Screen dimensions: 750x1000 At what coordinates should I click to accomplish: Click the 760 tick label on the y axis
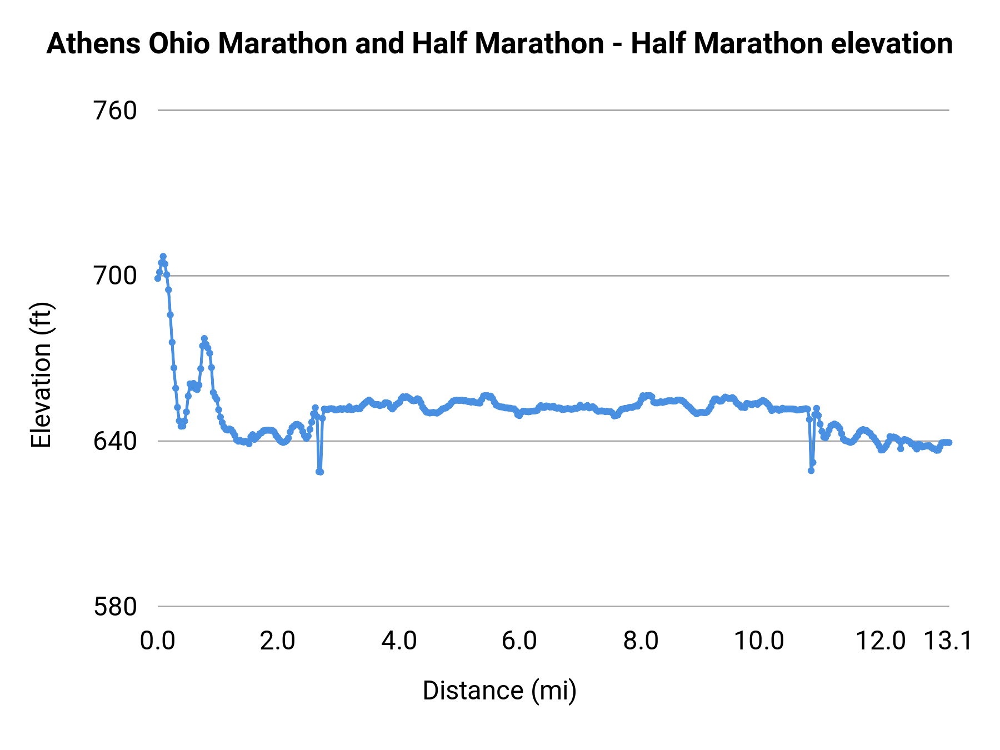pyautogui.click(x=115, y=111)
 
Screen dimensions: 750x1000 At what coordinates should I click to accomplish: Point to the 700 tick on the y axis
pyautogui.click(x=115, y=276)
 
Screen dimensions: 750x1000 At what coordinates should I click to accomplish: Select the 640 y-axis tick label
pyautogui.click(x=115, y=442)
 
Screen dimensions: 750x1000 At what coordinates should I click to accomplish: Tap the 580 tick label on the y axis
pyautogui.click(x=115, y=607)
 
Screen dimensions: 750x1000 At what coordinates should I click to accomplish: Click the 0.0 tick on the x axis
pyautogui.click(x=157, y=641)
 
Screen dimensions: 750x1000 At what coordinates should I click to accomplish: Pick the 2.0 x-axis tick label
pyautogui.click(x=278, y=641)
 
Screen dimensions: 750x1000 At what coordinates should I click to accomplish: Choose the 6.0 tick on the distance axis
pyautogui.click(x=519, y=641)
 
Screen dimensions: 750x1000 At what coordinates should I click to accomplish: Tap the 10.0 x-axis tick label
pyautogui.click(x=759, y=641)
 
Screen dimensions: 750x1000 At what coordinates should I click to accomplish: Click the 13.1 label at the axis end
pyautogui.click(x=947, y=641)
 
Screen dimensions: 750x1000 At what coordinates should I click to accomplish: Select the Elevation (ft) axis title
pyautogui.click(x=41, y=375)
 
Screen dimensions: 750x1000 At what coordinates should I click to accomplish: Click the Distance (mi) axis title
pyautogui.click(x=499, y=691)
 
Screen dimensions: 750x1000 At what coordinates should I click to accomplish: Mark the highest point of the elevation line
pyautogui.click(x=163, y=257)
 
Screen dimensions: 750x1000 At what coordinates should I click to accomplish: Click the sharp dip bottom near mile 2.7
pyautogui.click(x=319, y=472)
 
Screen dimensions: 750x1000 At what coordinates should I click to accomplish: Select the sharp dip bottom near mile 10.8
pyautogui.click(x=811, y=471)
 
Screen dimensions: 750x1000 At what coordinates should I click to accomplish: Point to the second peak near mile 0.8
pyautogui.click(x=204, y=338)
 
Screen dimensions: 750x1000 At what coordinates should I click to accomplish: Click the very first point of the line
pyautogui.click(x=158, y=278)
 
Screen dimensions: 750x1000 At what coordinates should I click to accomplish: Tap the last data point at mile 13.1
pyautogui.click(x=949, y=442)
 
